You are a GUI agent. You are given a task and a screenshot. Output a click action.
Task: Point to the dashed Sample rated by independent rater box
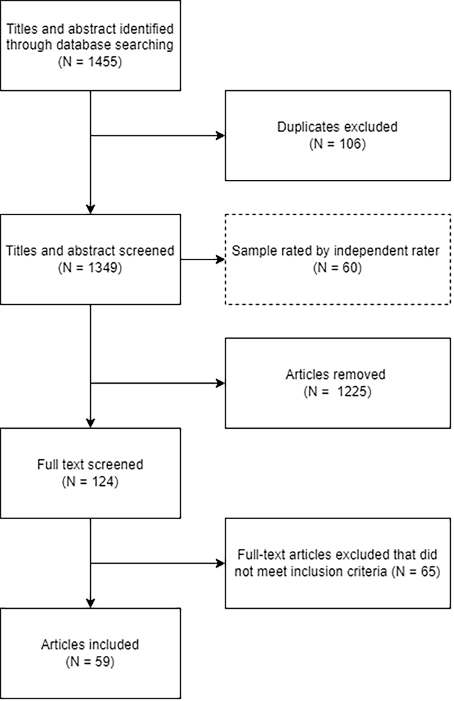[x=338, y=260]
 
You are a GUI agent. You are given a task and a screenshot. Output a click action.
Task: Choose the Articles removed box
[x=338, y=382]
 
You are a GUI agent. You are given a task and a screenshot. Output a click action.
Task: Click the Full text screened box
[x=91, y=473]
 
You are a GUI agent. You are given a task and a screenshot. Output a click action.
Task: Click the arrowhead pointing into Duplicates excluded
[x=221, y=137]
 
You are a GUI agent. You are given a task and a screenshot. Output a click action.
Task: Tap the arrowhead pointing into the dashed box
[x=221, y=260]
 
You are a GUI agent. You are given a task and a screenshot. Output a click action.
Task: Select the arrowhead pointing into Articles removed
[x=221, y=382]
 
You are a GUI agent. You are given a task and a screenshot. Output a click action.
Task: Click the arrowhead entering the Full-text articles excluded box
[x=221, y=564]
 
